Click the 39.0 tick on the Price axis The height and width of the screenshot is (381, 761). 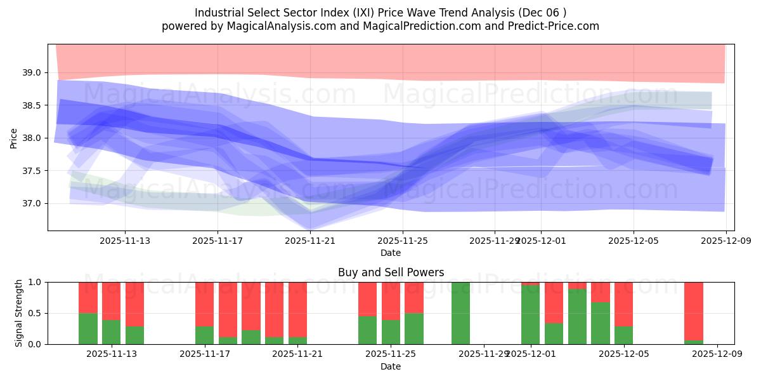32,72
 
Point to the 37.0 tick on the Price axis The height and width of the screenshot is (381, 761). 32,204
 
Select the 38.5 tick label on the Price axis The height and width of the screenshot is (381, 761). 32,105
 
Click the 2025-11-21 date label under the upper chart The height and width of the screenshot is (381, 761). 310,241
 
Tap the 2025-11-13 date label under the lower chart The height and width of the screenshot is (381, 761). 112,354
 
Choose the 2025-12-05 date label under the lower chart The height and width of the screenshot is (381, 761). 624,354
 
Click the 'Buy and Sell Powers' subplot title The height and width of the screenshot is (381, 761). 391,272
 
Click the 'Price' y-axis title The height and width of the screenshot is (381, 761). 14,138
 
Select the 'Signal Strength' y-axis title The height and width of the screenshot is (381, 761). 19,313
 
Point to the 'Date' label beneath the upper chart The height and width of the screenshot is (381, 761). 391,253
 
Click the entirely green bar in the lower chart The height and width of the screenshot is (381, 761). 461,313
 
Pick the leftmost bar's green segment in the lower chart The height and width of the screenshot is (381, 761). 88,328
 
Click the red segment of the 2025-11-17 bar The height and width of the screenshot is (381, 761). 205,304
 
